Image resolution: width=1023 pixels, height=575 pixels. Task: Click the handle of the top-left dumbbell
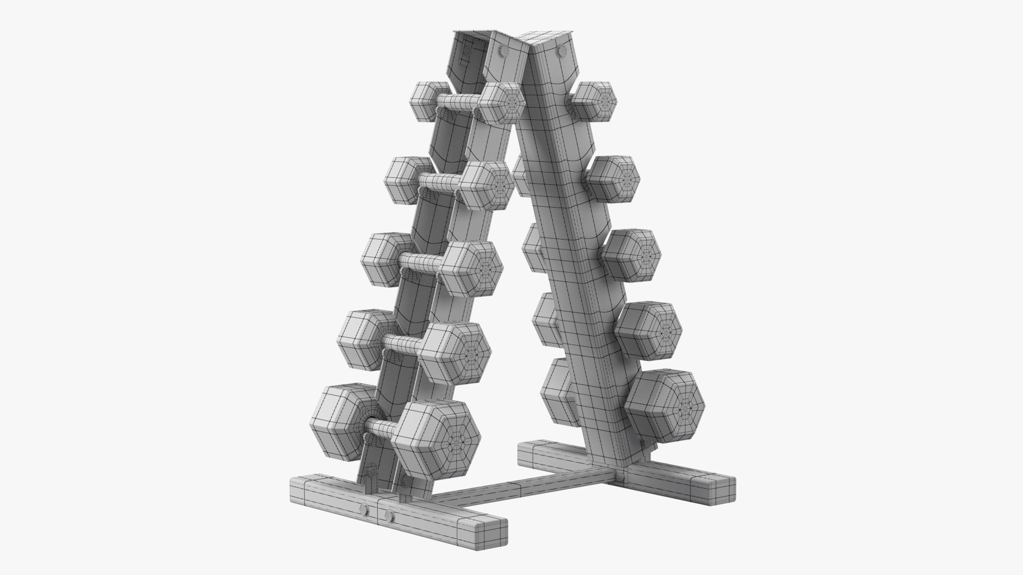pos(458,102)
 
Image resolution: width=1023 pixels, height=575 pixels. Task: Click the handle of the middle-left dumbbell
pos(421,261)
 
